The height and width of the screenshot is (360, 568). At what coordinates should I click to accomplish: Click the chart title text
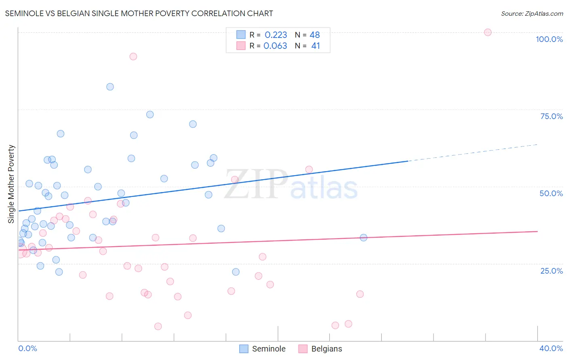[x=139, y=13]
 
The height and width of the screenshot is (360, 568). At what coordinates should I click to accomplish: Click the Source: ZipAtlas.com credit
[x=532, y=13]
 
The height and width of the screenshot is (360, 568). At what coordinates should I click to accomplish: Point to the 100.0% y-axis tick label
[x=549, y=39]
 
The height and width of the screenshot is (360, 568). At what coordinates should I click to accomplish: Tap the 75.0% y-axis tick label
[x=551, y=116]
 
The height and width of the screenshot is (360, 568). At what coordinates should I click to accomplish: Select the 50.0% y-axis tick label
[x=551, y=193]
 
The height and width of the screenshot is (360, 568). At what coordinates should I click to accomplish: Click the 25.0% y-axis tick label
[x=551, y=271]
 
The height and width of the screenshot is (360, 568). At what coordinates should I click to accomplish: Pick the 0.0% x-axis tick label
[x=27, y=348]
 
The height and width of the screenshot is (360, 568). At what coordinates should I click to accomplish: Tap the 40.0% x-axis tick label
[x=551, y=348]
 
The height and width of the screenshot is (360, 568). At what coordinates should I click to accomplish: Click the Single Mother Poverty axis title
[x=11, y=184]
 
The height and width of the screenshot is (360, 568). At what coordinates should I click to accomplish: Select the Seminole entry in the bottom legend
[x=263, y=349]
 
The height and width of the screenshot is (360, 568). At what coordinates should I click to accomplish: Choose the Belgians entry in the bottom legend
[x=320, y=349]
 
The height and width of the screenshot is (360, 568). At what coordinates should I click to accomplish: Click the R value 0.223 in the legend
[x=276, y=35]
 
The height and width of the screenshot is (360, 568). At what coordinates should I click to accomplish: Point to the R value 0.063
[x=275, y=46]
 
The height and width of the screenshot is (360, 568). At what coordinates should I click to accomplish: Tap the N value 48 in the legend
[x=315, y=35]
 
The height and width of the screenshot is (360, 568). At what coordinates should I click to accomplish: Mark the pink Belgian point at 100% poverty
[x=488, y=32]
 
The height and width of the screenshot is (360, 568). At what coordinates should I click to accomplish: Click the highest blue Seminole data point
[x=110, y=87]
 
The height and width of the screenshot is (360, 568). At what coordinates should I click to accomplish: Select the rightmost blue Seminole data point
[x=364, y=238]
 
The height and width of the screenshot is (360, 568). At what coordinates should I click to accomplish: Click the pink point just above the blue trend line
[x=309, y=170]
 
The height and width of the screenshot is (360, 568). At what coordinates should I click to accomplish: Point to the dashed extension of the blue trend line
[x=473, y=153]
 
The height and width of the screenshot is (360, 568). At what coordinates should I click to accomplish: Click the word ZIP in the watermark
[x=255, y=184]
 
